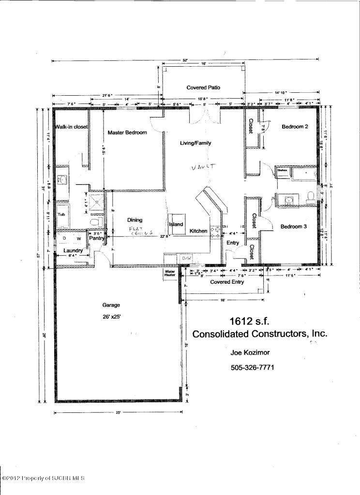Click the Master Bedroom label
[x=127, y=132]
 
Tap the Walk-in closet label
[x=71, y=127]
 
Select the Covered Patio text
[x=203, y=88]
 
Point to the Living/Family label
[x=196, y=143]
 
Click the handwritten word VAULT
[x=203, y=166]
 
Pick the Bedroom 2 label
[x=295, y=127]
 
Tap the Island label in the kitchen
[x=176, y=225]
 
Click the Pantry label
[x=96, y=238]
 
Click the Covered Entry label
[x=224, y=282]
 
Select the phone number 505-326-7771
[x=253, y=367]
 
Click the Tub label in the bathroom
[x=62, y=214]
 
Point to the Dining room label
[x=135, y=220]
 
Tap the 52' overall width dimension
[x=185, y=60]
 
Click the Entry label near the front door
[x=233, y=243]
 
